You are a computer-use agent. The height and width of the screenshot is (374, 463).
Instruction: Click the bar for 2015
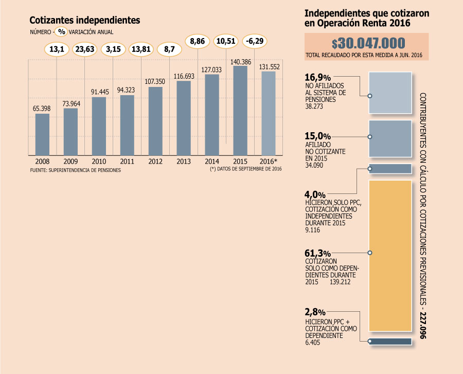(x=240, y=110)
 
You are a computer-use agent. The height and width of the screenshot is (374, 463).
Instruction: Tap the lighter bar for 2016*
(x=269, y=113)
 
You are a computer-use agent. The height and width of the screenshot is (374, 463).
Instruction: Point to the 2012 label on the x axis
(x=155, y=161)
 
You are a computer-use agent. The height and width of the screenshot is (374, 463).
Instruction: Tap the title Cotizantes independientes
(x=85, y=20)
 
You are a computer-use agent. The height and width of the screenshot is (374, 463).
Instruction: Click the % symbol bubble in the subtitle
(x=61, y=31)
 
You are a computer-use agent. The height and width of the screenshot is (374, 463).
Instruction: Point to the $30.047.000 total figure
(x=368, y=43)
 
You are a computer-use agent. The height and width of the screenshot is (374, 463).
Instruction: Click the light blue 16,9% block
(x=390, y=92)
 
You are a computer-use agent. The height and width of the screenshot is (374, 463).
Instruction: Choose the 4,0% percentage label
(x=315, y=195)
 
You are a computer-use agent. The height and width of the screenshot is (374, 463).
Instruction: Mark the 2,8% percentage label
(x=315, y=312)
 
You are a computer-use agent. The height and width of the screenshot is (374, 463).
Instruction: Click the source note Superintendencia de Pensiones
(x=76, y=169)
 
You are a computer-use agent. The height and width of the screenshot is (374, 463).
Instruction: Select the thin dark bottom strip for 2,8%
(x=390, y=341)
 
